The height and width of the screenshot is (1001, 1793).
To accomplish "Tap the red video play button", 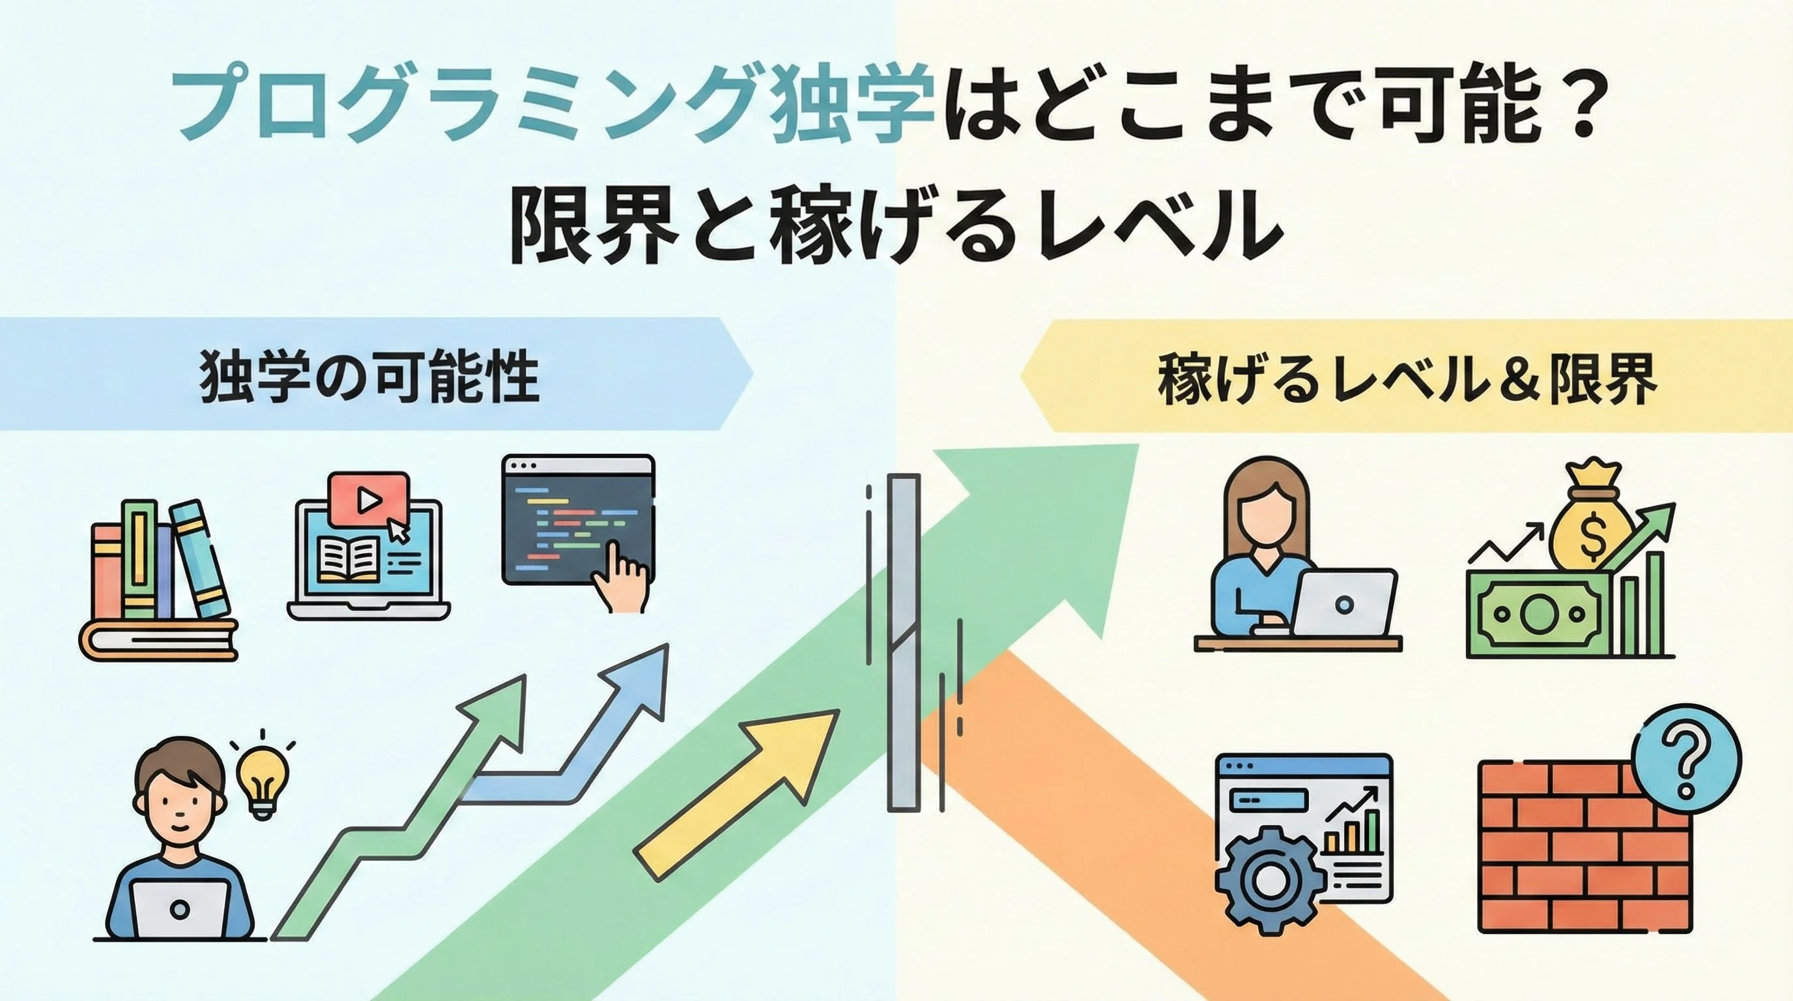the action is tap(369, 499).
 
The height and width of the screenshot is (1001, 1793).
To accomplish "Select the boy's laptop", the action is tap(180, 908).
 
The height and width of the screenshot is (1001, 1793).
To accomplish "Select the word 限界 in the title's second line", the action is tap(594, 225).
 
